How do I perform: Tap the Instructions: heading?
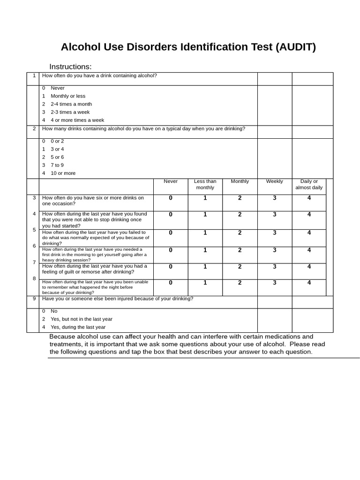[x=70, y=67]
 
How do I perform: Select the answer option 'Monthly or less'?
[x=68, y=96]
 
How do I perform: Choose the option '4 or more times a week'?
[x=77, y=120]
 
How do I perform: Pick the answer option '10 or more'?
[x=63, y=173]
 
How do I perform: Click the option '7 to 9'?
[x=57, y=165]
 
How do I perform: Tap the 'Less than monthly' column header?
[x=205, y=184]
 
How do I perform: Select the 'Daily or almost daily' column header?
[x=309, y=184]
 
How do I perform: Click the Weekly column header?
[x=274, y=181]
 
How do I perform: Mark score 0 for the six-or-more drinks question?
[x=171, y=198]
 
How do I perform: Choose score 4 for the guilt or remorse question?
[x=309, y=266]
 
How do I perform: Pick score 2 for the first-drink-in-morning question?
[x=240, y=250]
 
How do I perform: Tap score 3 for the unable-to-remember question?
[x=274, y=282]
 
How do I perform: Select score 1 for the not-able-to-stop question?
[x=205, y=214]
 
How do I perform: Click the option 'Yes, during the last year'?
[x=78, y=327]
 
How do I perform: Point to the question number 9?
[x=34, y=299]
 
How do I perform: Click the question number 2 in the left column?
[x=34, y=129]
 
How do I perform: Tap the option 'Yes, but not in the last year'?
[x=81, y=319]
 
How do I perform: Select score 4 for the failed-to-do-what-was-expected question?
[x=309, y=232]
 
